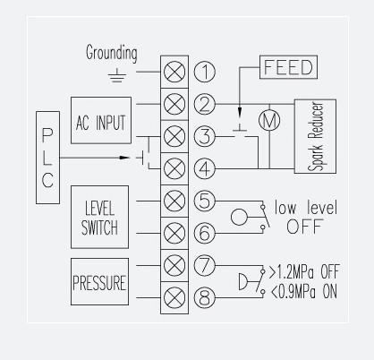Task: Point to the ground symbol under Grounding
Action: pyautogui.click(x=117, y=76)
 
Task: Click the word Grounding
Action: pyautogui.click(x=112, y=53)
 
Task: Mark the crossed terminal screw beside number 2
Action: pyautogui.click(x=174, y=104)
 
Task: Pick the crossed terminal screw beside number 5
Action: pyautogui.click(x=174, y=201)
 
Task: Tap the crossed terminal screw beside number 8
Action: pyautogui.click(x=174, y=297)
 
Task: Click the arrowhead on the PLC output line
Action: pyautogui.click(x=124, y=158)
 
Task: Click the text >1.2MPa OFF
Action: pyautogui.click(x=304, y=271)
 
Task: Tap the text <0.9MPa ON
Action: pyautogui.click(x=304, y=292)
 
